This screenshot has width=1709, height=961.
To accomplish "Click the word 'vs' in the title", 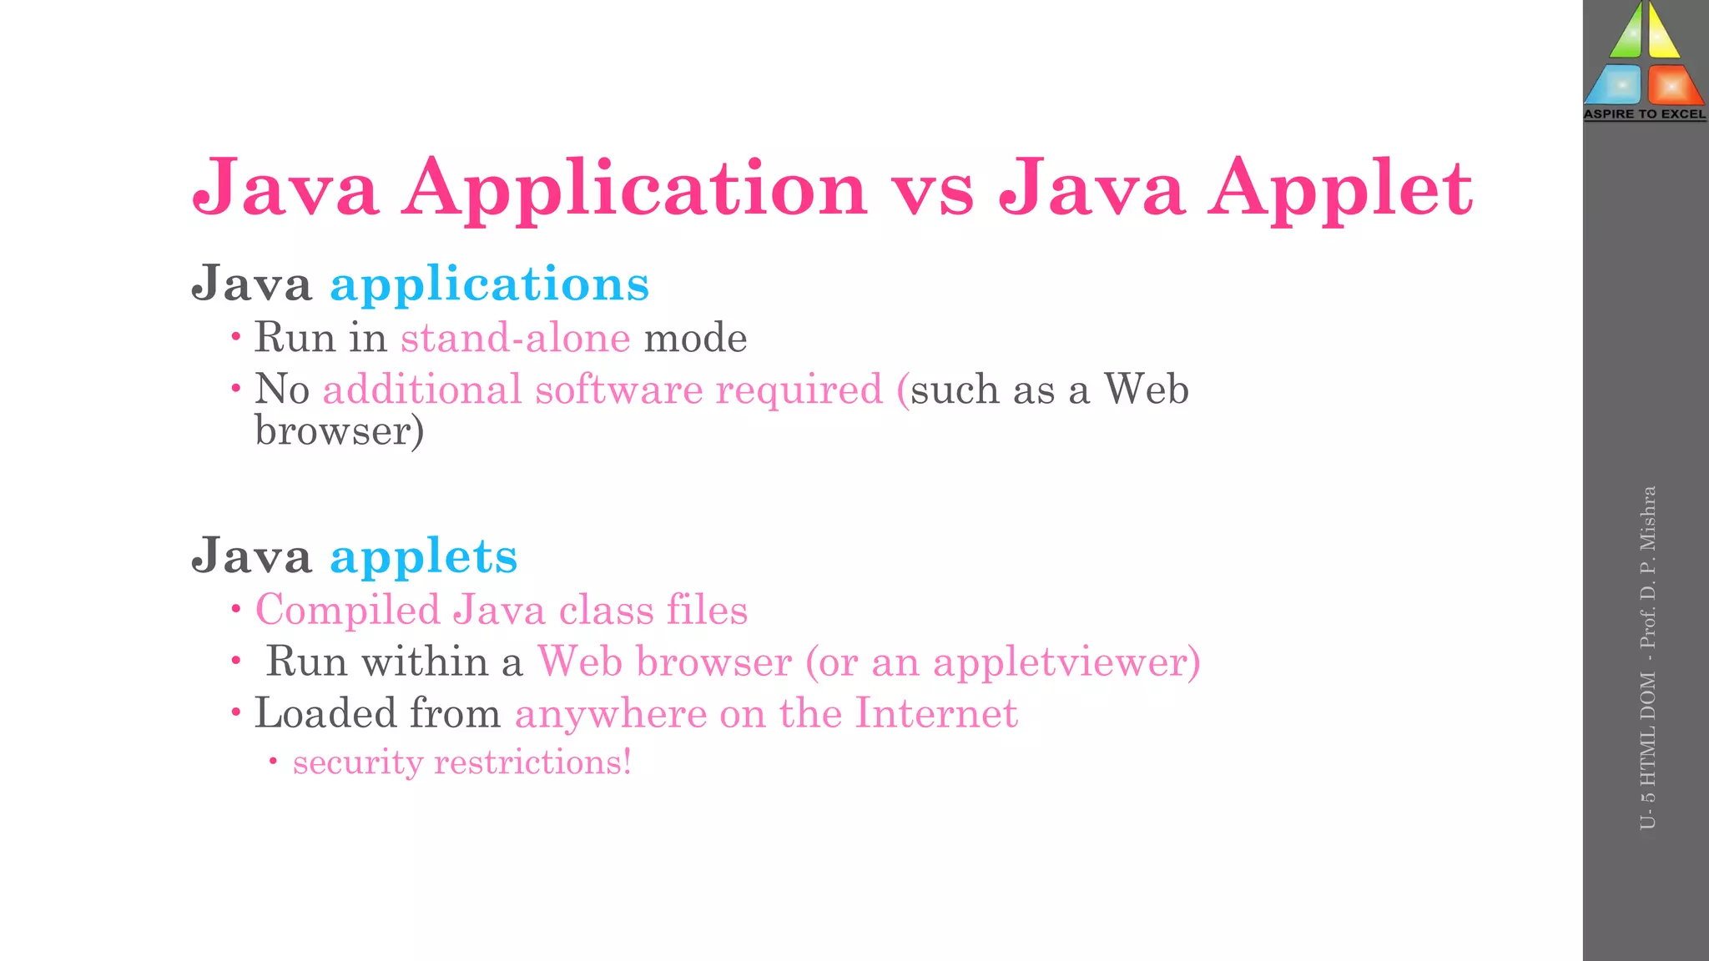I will coord(933,191).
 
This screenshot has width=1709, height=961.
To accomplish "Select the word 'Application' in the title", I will coord(634,191).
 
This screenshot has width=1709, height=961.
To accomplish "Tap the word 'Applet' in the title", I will coord(1341,191).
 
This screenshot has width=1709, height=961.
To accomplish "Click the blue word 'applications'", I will coord(490,285).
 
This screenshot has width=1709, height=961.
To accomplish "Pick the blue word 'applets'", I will coord(424,557).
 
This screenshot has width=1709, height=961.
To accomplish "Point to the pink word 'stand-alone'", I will coord(515,339).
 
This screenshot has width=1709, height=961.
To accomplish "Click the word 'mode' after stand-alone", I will coord(695,339).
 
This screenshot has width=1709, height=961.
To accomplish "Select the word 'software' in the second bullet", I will coord(618,390).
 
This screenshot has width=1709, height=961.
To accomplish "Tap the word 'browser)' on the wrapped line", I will coord(340,432).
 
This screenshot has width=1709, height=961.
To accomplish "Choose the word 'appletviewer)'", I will coord(1066,662).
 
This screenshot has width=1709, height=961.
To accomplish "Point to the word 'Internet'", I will coord(936,714).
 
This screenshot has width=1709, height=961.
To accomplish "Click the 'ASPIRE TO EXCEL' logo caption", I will coord(1645,114).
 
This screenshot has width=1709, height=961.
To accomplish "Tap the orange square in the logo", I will coord(1672,85).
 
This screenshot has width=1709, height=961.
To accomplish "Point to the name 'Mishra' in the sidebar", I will coord(1647,517).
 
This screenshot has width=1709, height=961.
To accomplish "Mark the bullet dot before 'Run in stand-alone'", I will coord(236,337).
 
